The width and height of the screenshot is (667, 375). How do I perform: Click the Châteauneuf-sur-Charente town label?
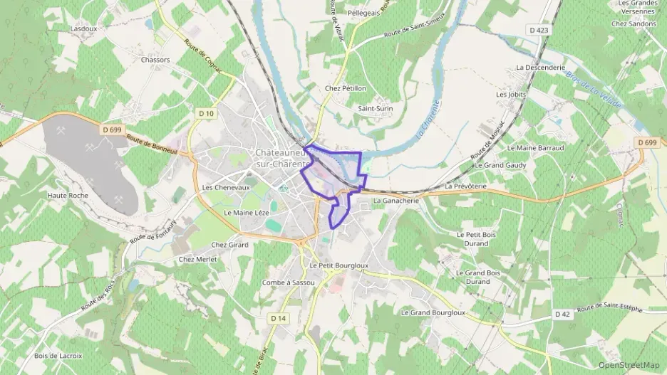284,159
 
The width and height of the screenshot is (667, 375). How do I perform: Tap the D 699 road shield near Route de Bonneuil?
111,130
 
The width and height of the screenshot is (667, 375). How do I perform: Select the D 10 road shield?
207,113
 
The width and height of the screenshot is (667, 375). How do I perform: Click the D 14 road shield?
279,318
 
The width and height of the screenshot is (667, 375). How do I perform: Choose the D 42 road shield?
562,314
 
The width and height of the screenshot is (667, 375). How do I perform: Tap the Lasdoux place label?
84,28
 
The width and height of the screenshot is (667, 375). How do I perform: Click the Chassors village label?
155,60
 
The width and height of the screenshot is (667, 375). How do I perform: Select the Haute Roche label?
68,195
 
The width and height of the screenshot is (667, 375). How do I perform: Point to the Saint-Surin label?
376,108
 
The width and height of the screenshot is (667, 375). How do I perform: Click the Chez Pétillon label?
345,88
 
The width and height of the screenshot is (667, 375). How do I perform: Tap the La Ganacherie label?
395,201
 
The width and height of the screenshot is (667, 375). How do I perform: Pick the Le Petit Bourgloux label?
338,265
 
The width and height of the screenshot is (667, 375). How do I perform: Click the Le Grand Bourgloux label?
433,312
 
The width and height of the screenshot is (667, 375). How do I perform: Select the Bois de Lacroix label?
58,356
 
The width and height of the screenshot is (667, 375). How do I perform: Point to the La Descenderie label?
539,68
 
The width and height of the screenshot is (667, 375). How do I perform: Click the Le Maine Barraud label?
535,147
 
